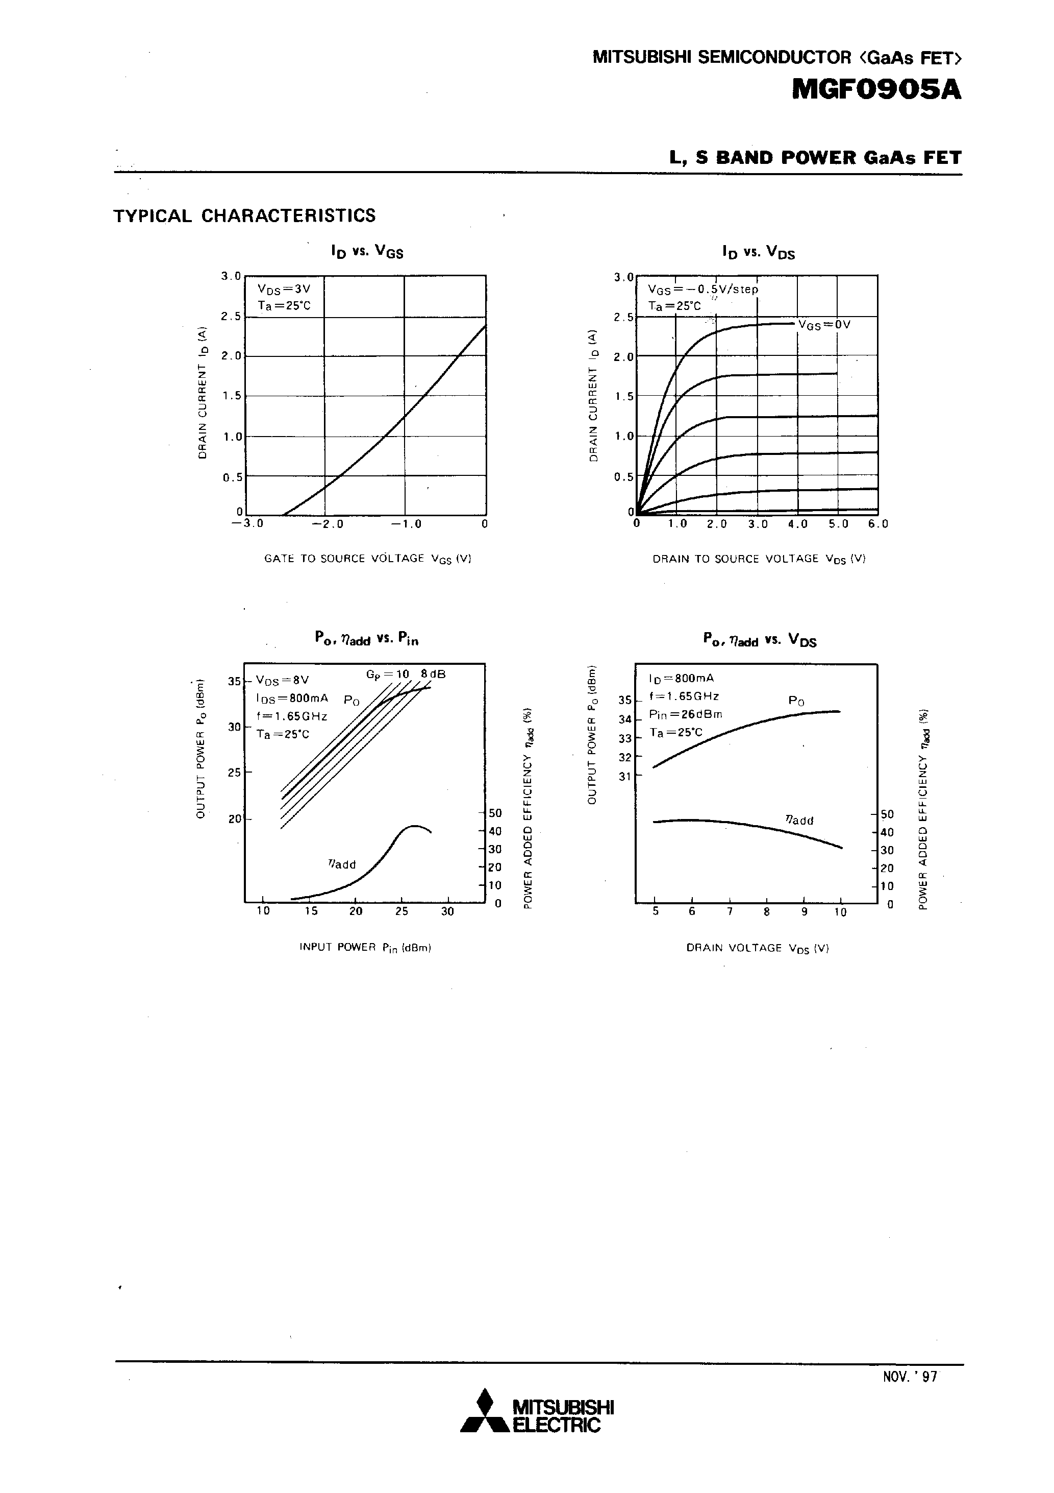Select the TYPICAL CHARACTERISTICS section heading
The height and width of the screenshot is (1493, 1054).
(244, 216)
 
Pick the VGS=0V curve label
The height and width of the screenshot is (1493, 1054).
(824, 324)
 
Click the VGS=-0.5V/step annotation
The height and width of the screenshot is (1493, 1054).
(702, 290)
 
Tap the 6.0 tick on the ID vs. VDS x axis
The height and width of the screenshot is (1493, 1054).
(878, 524)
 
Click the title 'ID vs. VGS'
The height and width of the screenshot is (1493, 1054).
(367, 252)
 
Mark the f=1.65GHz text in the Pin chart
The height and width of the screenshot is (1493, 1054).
(291, 716)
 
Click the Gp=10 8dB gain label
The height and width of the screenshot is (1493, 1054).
(406, 675)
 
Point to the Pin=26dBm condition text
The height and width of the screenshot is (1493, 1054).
(686, 714)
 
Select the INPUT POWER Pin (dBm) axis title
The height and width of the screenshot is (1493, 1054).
(365, 948)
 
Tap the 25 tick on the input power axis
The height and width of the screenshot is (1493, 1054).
(401, 911)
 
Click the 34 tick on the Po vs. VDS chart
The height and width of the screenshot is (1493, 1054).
(624, 720)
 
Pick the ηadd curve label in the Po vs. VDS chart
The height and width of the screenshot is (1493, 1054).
(799, 820)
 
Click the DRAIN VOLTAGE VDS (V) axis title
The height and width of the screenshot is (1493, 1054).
(757, 948)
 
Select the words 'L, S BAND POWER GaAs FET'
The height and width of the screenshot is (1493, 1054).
(816, 158)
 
